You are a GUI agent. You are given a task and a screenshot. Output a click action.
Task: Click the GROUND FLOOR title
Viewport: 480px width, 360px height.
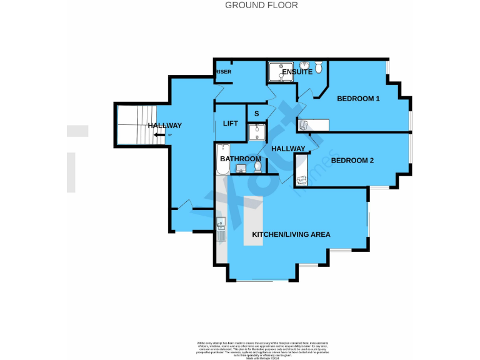(x=261, y=6)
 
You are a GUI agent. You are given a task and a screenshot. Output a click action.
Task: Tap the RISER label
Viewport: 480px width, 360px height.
(x=223, y=72)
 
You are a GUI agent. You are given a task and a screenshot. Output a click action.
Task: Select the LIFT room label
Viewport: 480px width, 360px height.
(x=231, y=123)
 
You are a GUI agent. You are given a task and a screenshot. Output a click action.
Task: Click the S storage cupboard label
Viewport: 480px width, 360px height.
(x=256, y=113)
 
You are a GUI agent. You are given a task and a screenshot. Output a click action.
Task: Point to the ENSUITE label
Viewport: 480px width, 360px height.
(x=297, y=72)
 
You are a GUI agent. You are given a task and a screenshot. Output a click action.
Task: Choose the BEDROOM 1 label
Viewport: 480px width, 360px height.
(x=358, y=99)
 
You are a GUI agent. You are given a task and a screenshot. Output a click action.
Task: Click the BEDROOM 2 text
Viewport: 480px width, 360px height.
(x=352, y=161)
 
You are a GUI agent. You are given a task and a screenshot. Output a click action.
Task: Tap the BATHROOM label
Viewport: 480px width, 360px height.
(x=239, y=159)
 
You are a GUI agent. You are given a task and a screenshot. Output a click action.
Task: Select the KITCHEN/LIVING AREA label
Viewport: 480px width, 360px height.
(x=291, y=234)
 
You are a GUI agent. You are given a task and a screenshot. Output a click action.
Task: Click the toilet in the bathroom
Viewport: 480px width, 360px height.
(x=257, y=167)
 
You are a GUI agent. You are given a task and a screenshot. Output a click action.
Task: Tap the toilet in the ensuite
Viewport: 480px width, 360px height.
(x=318, y=66)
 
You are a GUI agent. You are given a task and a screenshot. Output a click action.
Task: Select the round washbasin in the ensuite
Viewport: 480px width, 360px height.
(x=304, y=65)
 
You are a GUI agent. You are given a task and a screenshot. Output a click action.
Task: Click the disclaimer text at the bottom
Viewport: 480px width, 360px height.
(x=263, y=349)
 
